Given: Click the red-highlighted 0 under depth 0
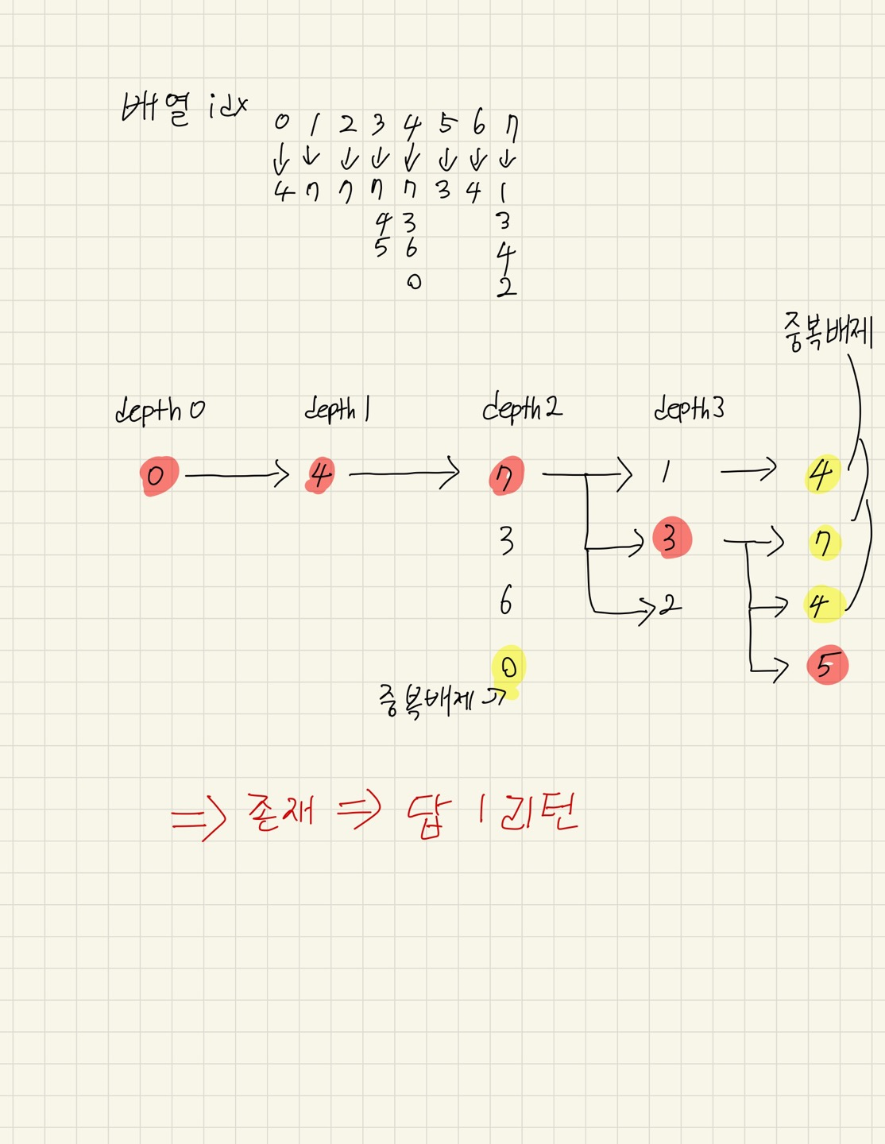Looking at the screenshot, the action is pyautogui.click(x=157, y=476).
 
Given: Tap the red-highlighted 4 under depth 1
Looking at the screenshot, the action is pyautogui.click(x=319, y=476).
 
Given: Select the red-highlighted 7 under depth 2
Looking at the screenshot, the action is pyautogui.click(x=506, y=476).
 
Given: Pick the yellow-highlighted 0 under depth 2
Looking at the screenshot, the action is pyautogui.click(x=508, y=667).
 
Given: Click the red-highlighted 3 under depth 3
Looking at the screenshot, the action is pyautogui.click(x=671, y=538).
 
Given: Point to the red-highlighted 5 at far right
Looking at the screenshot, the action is pyautogui.click(x=826, y=665).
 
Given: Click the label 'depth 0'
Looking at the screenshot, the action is pyautogui.click(x=159, y=411).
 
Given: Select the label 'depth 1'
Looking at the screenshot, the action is pyautogui.click(x=338, y=409).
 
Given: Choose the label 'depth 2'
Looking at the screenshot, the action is pyautogui.click(x=521, y=408).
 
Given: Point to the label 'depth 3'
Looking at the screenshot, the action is pyautogui.click(x=689, y=408).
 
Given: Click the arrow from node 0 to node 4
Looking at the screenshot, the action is pyautogui.click(x=237, y=475).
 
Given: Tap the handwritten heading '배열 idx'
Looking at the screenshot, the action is pyautogui.click(x=184, y=107).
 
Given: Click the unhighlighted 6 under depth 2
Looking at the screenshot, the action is pyautogui.click(x=506, y=600).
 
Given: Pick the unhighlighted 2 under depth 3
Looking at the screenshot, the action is pyautogui.click(x=670, y=605).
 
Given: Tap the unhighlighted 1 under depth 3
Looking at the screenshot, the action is pyautogui.click(x=665, y=473).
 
